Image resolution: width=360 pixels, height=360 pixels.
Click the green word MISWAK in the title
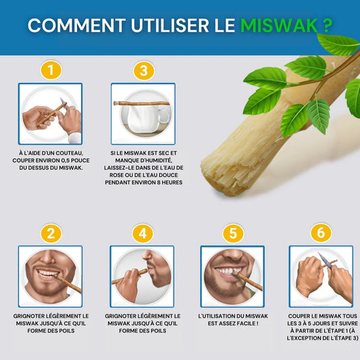pyautogui.click(x=278, y=26)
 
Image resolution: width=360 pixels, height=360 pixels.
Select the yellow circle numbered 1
pyautogui.click(x=51, y=70)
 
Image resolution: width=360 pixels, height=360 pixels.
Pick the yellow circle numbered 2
pyautogui.click(x=51, y=234)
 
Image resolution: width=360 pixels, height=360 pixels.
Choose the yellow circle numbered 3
pyautogui.click(x=143, y=70)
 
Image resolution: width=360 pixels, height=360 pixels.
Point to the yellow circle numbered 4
pyautogui.click(x=143, y=234)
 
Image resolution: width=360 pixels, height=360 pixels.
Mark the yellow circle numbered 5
pyautogui.click(x=232, y=234)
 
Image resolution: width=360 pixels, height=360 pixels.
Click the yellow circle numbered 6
pyautogui.click(x=321, y=234)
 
